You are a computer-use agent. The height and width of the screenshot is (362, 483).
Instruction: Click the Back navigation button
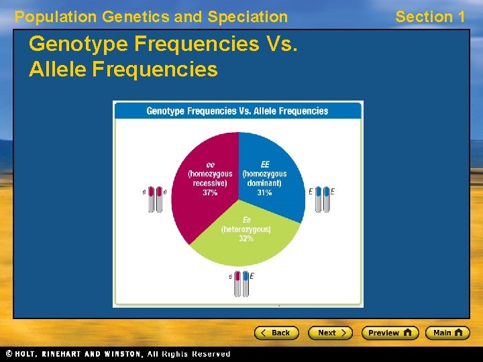[x=276, y=333]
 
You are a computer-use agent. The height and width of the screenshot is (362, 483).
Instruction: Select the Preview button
[x=389, y=333]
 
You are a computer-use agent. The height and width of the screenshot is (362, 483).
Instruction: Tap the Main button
[x=447, y=333]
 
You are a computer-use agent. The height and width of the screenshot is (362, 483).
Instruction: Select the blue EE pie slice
[x=272, y=168]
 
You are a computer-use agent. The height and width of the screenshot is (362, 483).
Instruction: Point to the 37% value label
[x=210, y=192]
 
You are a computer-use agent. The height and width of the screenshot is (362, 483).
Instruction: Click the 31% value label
[x=264, y=192]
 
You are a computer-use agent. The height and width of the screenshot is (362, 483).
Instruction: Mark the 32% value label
[x=246, y=239]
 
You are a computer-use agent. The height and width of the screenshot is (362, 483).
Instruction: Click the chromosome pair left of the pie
[x=156, y=199]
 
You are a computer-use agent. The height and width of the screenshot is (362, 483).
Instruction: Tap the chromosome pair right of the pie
[x=323, y=199]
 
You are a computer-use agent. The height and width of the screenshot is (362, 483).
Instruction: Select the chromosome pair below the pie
[x=241, y=284]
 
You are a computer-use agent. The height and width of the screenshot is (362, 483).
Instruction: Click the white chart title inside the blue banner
[x=237, y=111]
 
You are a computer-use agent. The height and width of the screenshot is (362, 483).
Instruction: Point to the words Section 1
[x=430, y=17]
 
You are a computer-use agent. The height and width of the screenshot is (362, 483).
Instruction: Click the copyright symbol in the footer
[x=9, y=353]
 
